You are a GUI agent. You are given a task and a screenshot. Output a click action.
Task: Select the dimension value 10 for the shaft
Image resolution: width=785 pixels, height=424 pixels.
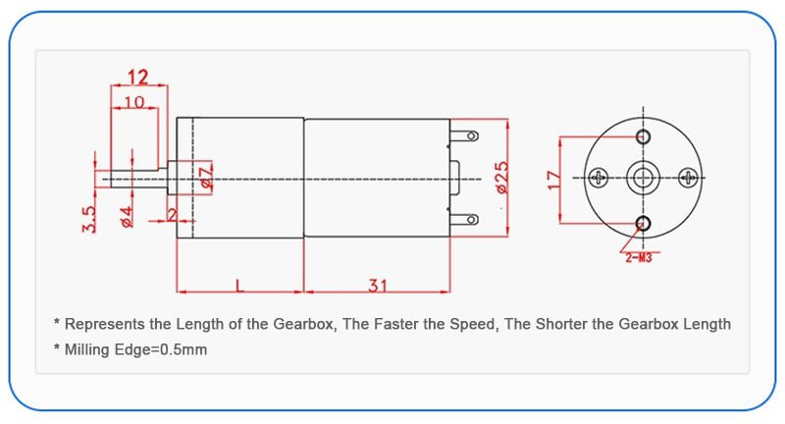pyautogui.click(x=133, y=101)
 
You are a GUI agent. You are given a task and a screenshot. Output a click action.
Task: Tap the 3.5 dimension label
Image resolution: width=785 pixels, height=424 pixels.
pyautogui.click(x=88, y=218)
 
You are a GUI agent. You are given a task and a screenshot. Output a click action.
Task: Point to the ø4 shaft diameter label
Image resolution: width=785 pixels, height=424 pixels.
pyautogui.click(x=127, y=217)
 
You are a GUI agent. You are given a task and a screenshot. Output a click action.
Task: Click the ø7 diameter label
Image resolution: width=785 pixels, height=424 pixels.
pyautogui.click(x=206, y=178)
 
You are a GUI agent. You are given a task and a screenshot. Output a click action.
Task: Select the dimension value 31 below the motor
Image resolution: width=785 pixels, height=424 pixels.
pyautogui.click(x=377, y=286)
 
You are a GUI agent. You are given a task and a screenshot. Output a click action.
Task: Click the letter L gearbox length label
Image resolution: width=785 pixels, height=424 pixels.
pyautogui.click(x=239, y=286)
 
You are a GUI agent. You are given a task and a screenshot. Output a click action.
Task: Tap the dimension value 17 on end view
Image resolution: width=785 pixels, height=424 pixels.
pyautogui.click(x=554, y=180)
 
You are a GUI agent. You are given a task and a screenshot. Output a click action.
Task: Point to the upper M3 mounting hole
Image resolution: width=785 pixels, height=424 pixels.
pyautogui.click(x=644, y=134)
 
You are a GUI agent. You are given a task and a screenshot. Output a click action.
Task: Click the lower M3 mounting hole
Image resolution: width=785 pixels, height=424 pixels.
pyautogui.click(x=644, y=223)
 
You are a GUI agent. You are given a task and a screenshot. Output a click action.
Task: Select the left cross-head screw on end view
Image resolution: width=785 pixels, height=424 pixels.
pyautogui.click(x=600, y=178)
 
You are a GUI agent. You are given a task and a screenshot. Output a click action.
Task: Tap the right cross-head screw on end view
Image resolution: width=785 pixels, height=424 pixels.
pyautogui.click(x=689, y=178)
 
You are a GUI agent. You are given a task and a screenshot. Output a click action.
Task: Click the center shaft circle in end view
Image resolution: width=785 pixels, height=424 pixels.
pyautogui.click(x=644, y=178)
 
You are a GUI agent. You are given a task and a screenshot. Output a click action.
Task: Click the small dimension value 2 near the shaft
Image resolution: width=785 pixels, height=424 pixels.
pyautogui.click(x=172, y=214)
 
